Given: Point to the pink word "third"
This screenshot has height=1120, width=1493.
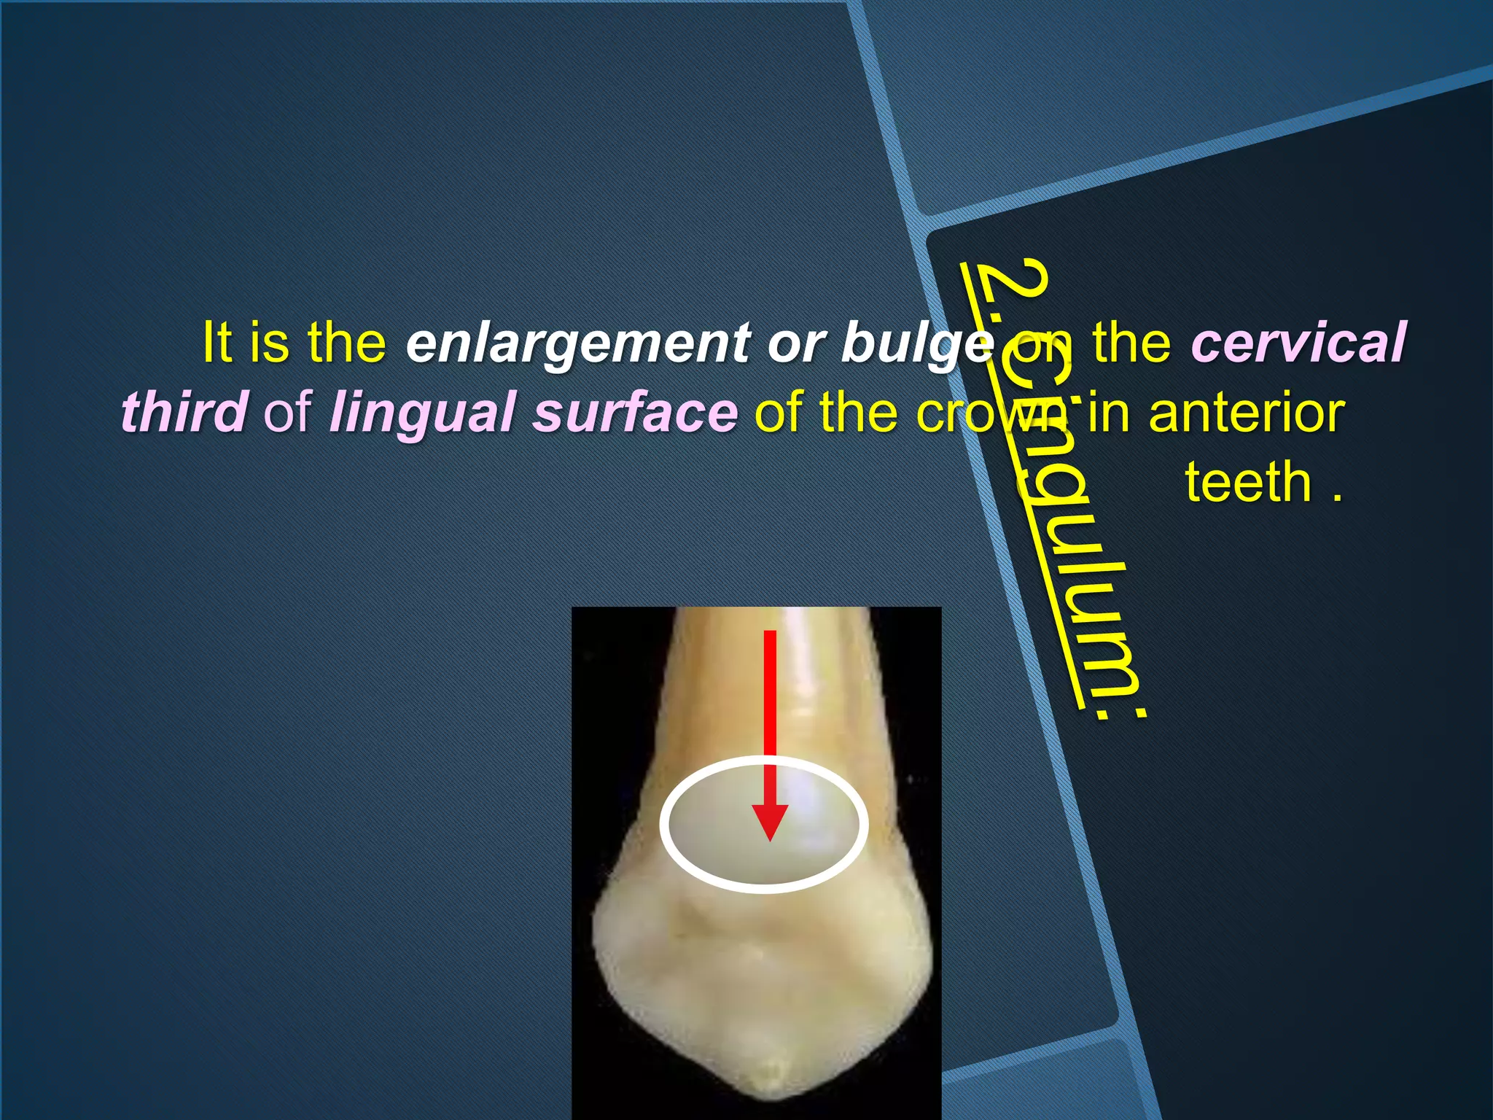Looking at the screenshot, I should click(184, 411).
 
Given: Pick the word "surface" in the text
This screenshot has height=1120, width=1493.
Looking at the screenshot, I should click(635, 411).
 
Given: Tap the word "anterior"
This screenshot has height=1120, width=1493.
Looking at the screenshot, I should click(1246, 413).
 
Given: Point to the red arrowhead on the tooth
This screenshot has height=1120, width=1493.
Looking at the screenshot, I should click(770, 820).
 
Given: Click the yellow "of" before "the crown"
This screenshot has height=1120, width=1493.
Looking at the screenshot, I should click(778, 413).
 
